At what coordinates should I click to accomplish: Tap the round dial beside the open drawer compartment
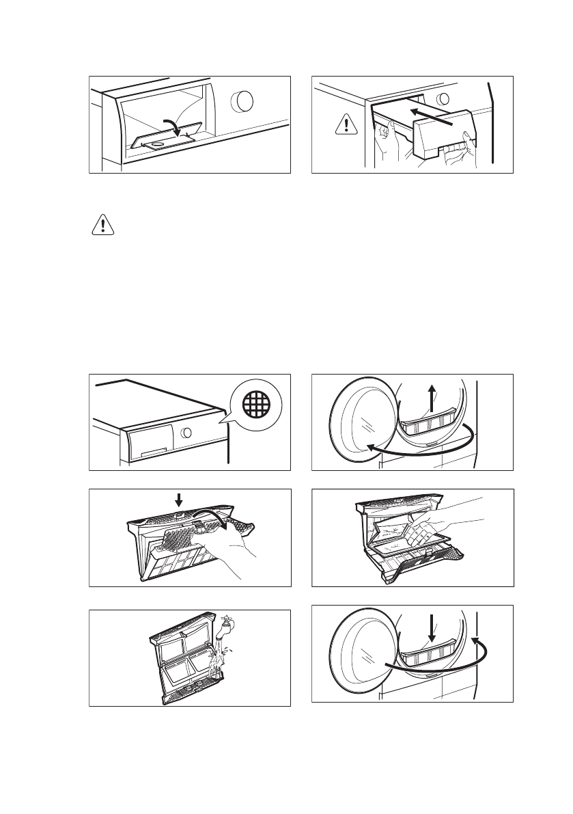242,101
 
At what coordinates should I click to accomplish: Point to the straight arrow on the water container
432,115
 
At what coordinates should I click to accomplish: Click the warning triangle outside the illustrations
102,226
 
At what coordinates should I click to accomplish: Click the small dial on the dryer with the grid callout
186,433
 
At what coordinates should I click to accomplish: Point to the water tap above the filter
227,627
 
